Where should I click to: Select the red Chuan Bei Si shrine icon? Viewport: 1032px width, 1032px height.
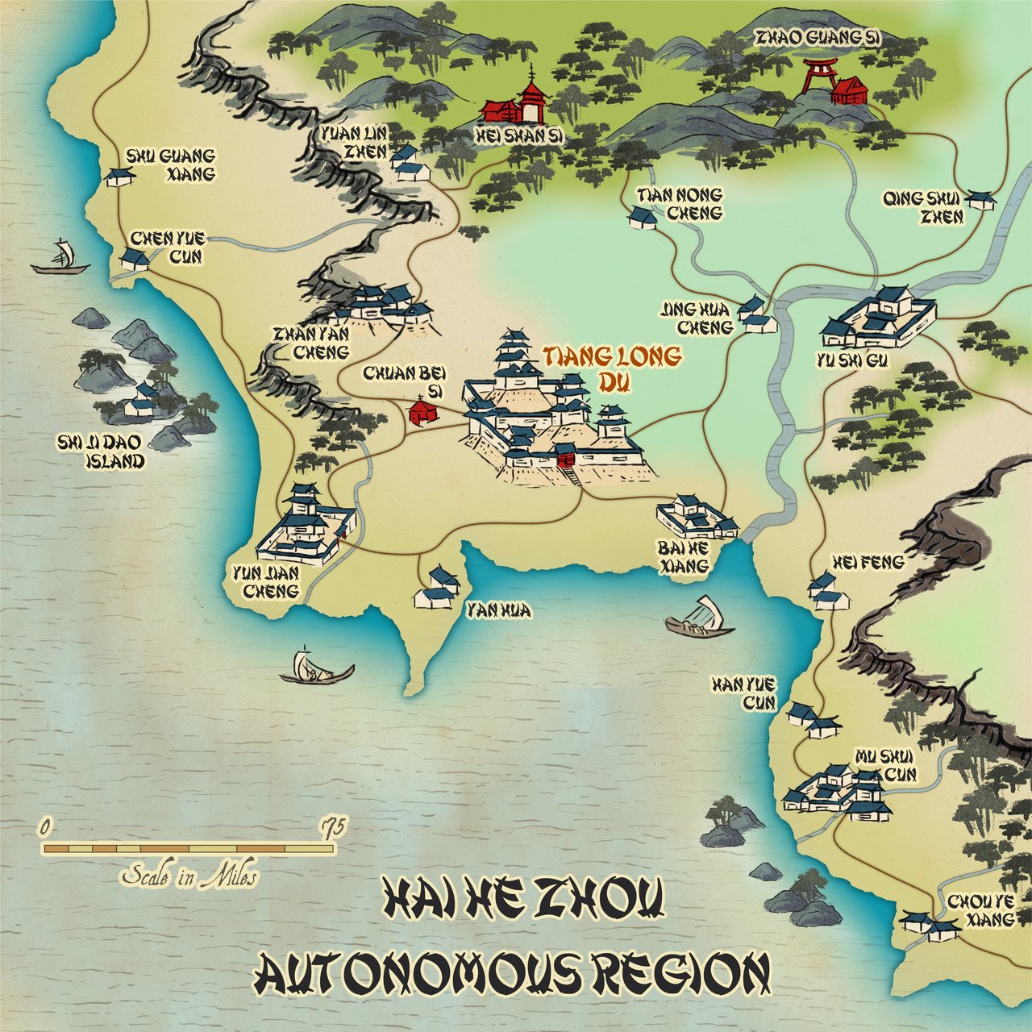(422, 411)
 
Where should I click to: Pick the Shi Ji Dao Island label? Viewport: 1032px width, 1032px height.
(100, 451)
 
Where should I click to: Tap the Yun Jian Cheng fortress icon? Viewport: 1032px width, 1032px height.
(305, 528)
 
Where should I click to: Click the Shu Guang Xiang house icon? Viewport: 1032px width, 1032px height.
(119, 177)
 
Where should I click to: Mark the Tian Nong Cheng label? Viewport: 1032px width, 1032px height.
(679, 204)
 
